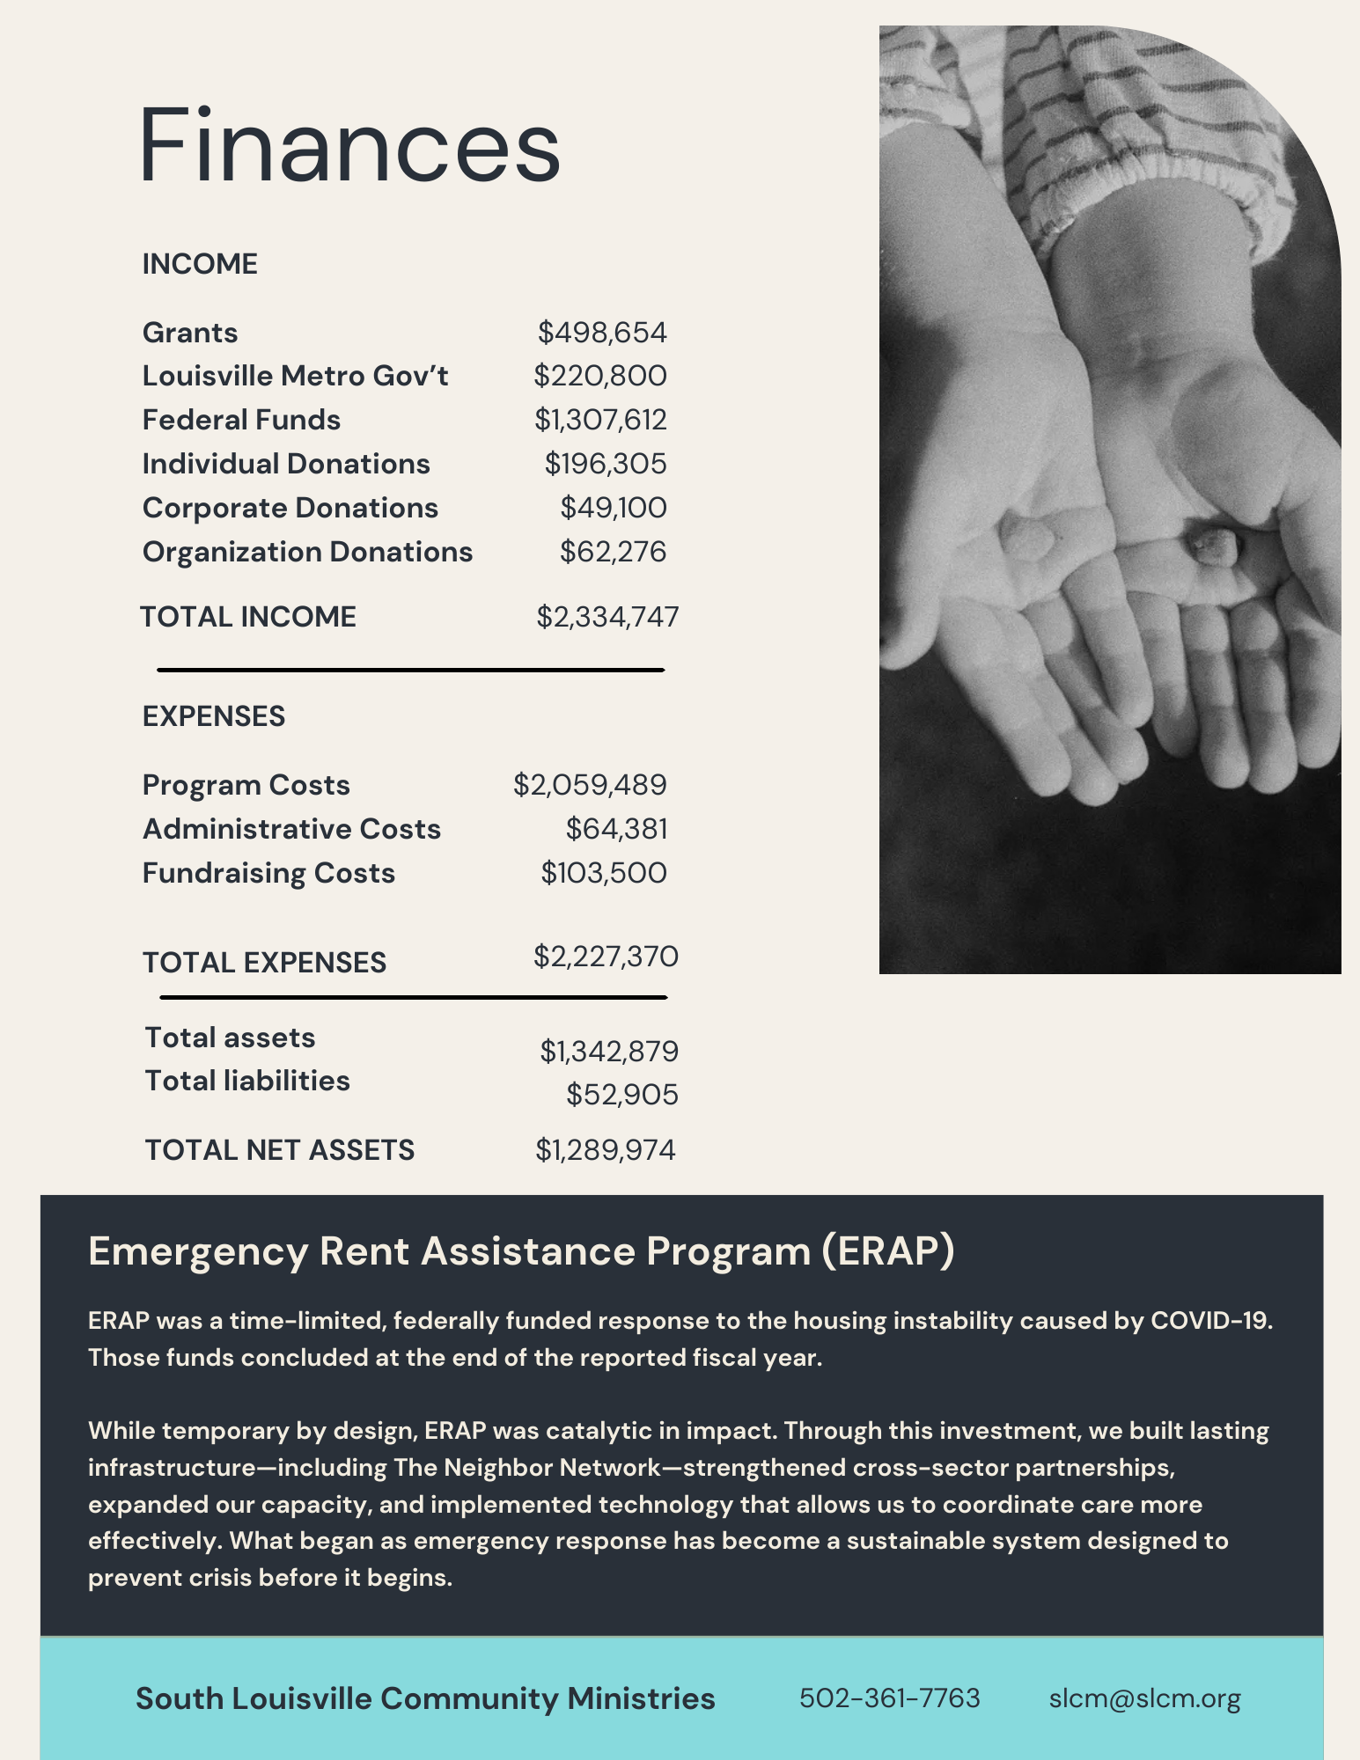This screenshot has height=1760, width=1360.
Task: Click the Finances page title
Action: [x=349, y=145]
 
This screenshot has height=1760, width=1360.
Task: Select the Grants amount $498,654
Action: [x=602, y=333]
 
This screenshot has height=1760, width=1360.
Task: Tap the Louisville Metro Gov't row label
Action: [x=295, y=376]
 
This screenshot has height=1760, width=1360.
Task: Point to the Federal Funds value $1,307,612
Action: [x=600, y=420]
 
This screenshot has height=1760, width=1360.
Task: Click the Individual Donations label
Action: [x=286, y=464]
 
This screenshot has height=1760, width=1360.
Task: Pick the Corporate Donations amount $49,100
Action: [x=614, y=508]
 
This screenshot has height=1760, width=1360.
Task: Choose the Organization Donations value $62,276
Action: [x=614, y=552]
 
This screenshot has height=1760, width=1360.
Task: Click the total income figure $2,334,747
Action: [x=607, y=617]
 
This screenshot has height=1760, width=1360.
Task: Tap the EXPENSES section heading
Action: [x=214, y=716]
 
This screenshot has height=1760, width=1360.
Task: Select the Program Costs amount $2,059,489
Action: [x=590, y=785]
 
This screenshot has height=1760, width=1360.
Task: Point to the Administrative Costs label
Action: [x=291, y=829]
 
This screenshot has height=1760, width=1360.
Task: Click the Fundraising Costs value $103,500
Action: [x=604, y=873]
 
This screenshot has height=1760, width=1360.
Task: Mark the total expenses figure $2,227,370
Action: [x=606, y=957]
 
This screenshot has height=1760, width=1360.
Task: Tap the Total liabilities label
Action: [x=247, y=1081]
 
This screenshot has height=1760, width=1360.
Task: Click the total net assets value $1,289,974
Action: [x=606, y=1150]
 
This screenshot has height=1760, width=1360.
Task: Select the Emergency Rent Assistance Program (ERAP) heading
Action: [x=521, y=1250]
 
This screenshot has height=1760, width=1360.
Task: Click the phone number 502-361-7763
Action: [x=889, y=1698]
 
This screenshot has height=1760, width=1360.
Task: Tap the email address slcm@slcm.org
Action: [x=1144, y=1698]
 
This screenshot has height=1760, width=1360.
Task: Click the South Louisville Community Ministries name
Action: [x=425, y=1698]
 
